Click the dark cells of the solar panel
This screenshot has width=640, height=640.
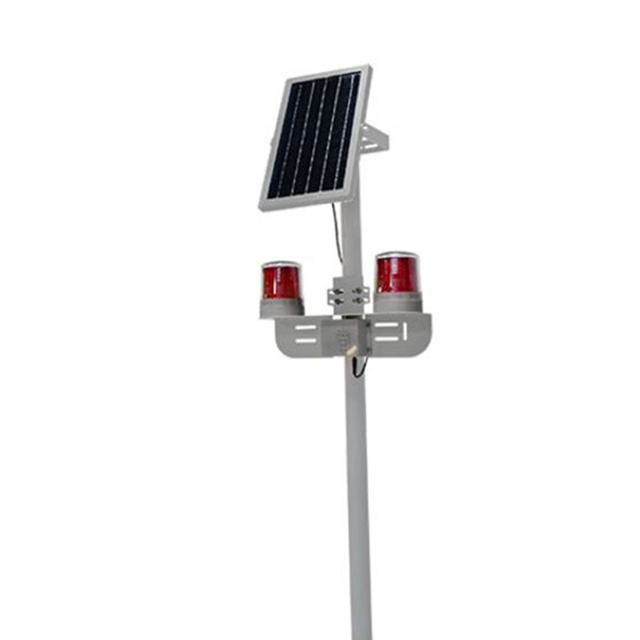(314, 136)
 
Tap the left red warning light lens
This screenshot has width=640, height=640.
(281, 282)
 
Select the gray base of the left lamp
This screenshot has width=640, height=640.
(282, 307)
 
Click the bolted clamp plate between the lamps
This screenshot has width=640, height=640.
(349, 293)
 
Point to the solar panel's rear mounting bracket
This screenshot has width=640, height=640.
(374, 142)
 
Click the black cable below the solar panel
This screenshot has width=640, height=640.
(337, 232)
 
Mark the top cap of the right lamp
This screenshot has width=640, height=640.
(398, 255)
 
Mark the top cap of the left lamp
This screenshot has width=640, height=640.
(281, 265)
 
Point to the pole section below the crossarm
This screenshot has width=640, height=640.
(358, 496)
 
